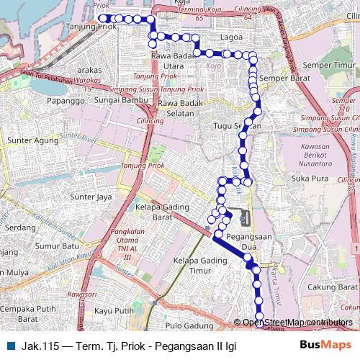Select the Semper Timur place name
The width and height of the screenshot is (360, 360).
click(333, 66)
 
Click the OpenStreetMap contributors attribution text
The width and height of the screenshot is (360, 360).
click(297, 323)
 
